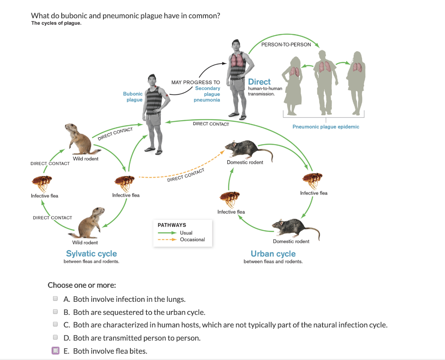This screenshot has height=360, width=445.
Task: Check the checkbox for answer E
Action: pos(55,351)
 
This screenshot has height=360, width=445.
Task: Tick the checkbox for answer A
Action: pos(55,299)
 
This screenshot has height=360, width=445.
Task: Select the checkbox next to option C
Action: pos(55,324)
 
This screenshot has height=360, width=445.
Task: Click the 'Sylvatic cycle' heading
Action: pos(91,254)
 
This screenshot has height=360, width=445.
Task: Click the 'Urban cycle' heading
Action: pos(273,254)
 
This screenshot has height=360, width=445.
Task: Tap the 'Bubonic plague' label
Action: pos(133,96)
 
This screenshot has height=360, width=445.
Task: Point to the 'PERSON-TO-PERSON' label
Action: pos(286,45)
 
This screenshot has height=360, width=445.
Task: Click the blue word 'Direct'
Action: pos(259,82)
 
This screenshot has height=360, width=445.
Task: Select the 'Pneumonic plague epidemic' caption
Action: pos(325,127)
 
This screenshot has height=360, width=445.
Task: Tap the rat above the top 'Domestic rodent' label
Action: pos(248,150)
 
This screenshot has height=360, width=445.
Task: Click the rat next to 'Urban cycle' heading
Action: pos(293,228)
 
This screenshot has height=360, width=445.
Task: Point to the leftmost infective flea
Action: pos(42,182)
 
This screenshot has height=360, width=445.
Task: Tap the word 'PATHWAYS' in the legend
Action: pos(172,225)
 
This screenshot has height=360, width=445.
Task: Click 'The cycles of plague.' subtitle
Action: pos(56,23)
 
